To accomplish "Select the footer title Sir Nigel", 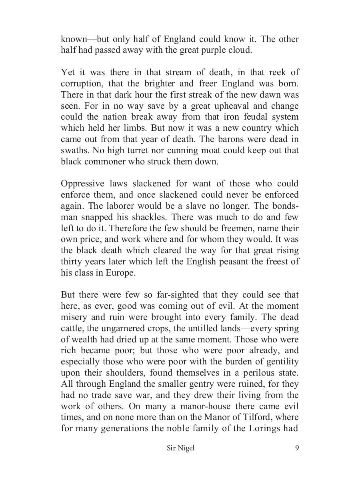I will point(180,448).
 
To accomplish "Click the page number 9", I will point(296,448).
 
